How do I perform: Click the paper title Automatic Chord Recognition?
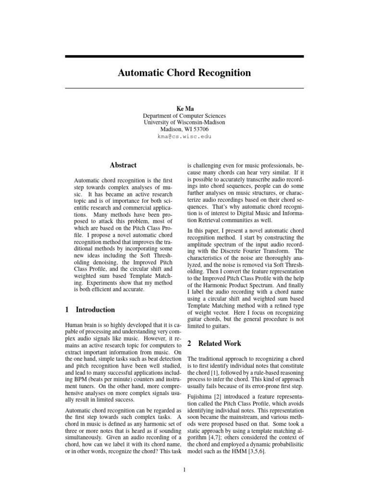pos(184,73)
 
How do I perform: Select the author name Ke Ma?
pos(184,109)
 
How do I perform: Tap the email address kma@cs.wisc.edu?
pos(184,136)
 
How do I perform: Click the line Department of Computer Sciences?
pos(184,116)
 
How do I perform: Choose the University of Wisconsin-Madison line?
pos(184,123)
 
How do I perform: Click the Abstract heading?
pos(123,165)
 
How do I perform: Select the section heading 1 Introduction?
pos(90,309)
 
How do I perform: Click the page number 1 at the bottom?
pos(184,469)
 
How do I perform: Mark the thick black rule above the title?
pos(184,57)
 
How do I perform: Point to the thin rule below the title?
pos(184,88)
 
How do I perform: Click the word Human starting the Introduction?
pos(74,326)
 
